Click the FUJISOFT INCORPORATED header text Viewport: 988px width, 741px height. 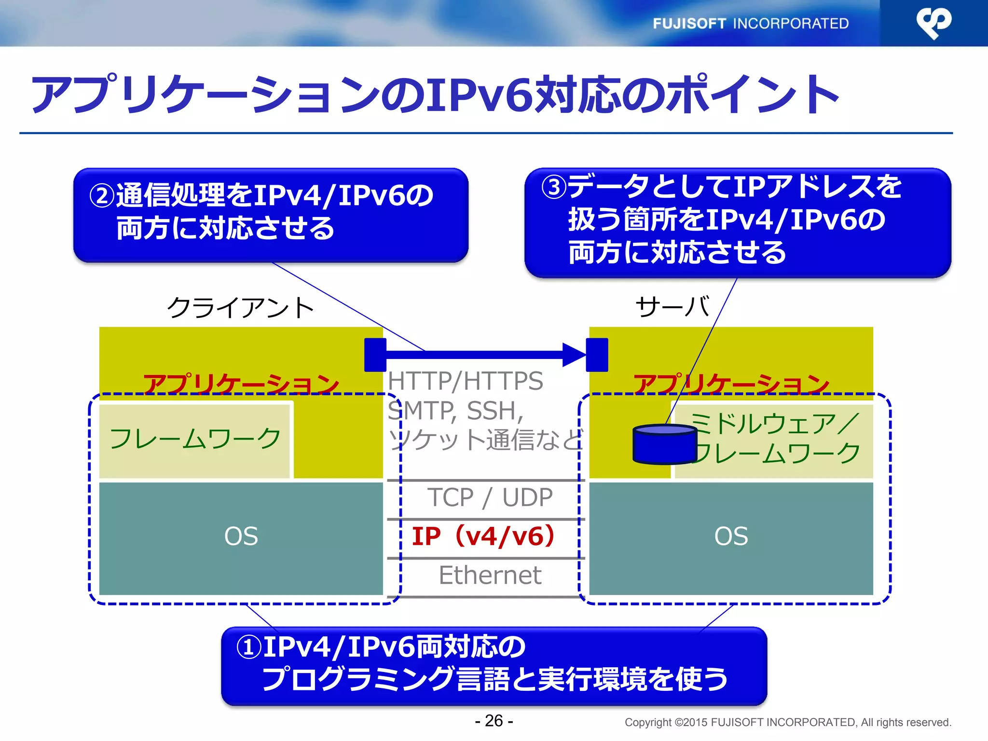(750, 23)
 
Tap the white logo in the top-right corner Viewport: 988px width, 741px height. (933, 23)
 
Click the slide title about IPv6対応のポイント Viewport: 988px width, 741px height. (434, 95)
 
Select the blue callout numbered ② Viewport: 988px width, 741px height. (271, 215)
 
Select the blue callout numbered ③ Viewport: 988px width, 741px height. (737, 222)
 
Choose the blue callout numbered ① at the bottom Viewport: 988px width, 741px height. (494, 666)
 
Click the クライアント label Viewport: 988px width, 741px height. (240, 308)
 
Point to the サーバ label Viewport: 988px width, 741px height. (672, 307)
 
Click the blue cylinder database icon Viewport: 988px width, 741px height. (664, 444)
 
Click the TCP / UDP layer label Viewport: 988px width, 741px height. (490, 497)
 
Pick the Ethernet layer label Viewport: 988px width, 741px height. (490, 575)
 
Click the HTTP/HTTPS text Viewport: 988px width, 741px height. (465, 381)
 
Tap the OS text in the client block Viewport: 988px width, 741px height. (241, 536)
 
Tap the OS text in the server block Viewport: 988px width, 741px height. (731, 536)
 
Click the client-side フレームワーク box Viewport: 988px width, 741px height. (195, 439)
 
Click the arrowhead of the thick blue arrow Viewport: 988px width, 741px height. (574, 355)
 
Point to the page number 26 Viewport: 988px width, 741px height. (494, 721)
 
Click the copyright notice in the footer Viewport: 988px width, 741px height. (787, 722)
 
